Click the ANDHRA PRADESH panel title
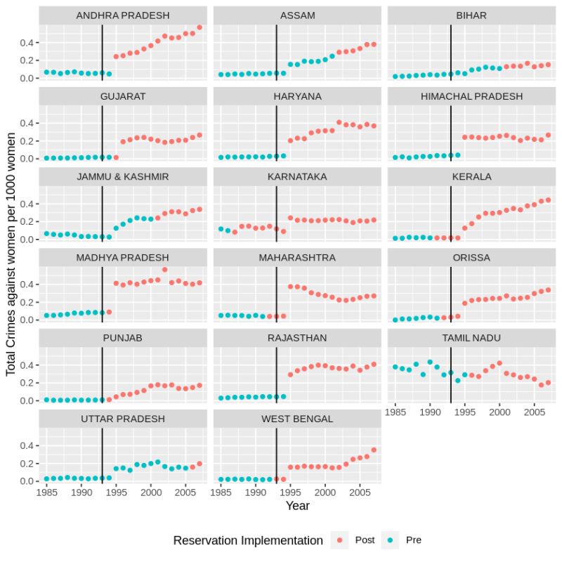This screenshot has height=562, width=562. pyautogui.click(x=123, y=15)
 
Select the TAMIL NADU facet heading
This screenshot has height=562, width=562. pyautogui.click(x=471, y=338)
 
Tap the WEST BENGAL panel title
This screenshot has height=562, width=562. pyautogui.click(x=297, y=419)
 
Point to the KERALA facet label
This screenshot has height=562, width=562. pyautogui.click(x=471, y=176)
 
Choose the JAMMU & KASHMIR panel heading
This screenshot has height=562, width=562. pyautogui.click(x=123, y=176)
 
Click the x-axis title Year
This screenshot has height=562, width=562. pyautogui.click(x=297, y=506)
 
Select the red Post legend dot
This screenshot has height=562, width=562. pyautogui.click(x=340, y=540)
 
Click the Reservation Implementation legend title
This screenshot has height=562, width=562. pyautogui.click(x=248, y=540)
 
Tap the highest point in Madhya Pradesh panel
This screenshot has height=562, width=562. pyautogui.click(x=164, y=269)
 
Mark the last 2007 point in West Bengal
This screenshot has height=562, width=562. pyautogui.click(x=374, y=450)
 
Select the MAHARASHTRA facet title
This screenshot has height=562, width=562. pyautogui.click(x=297, y=258)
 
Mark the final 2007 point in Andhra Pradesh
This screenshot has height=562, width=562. pyautogui.click(x=200, y=27)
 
